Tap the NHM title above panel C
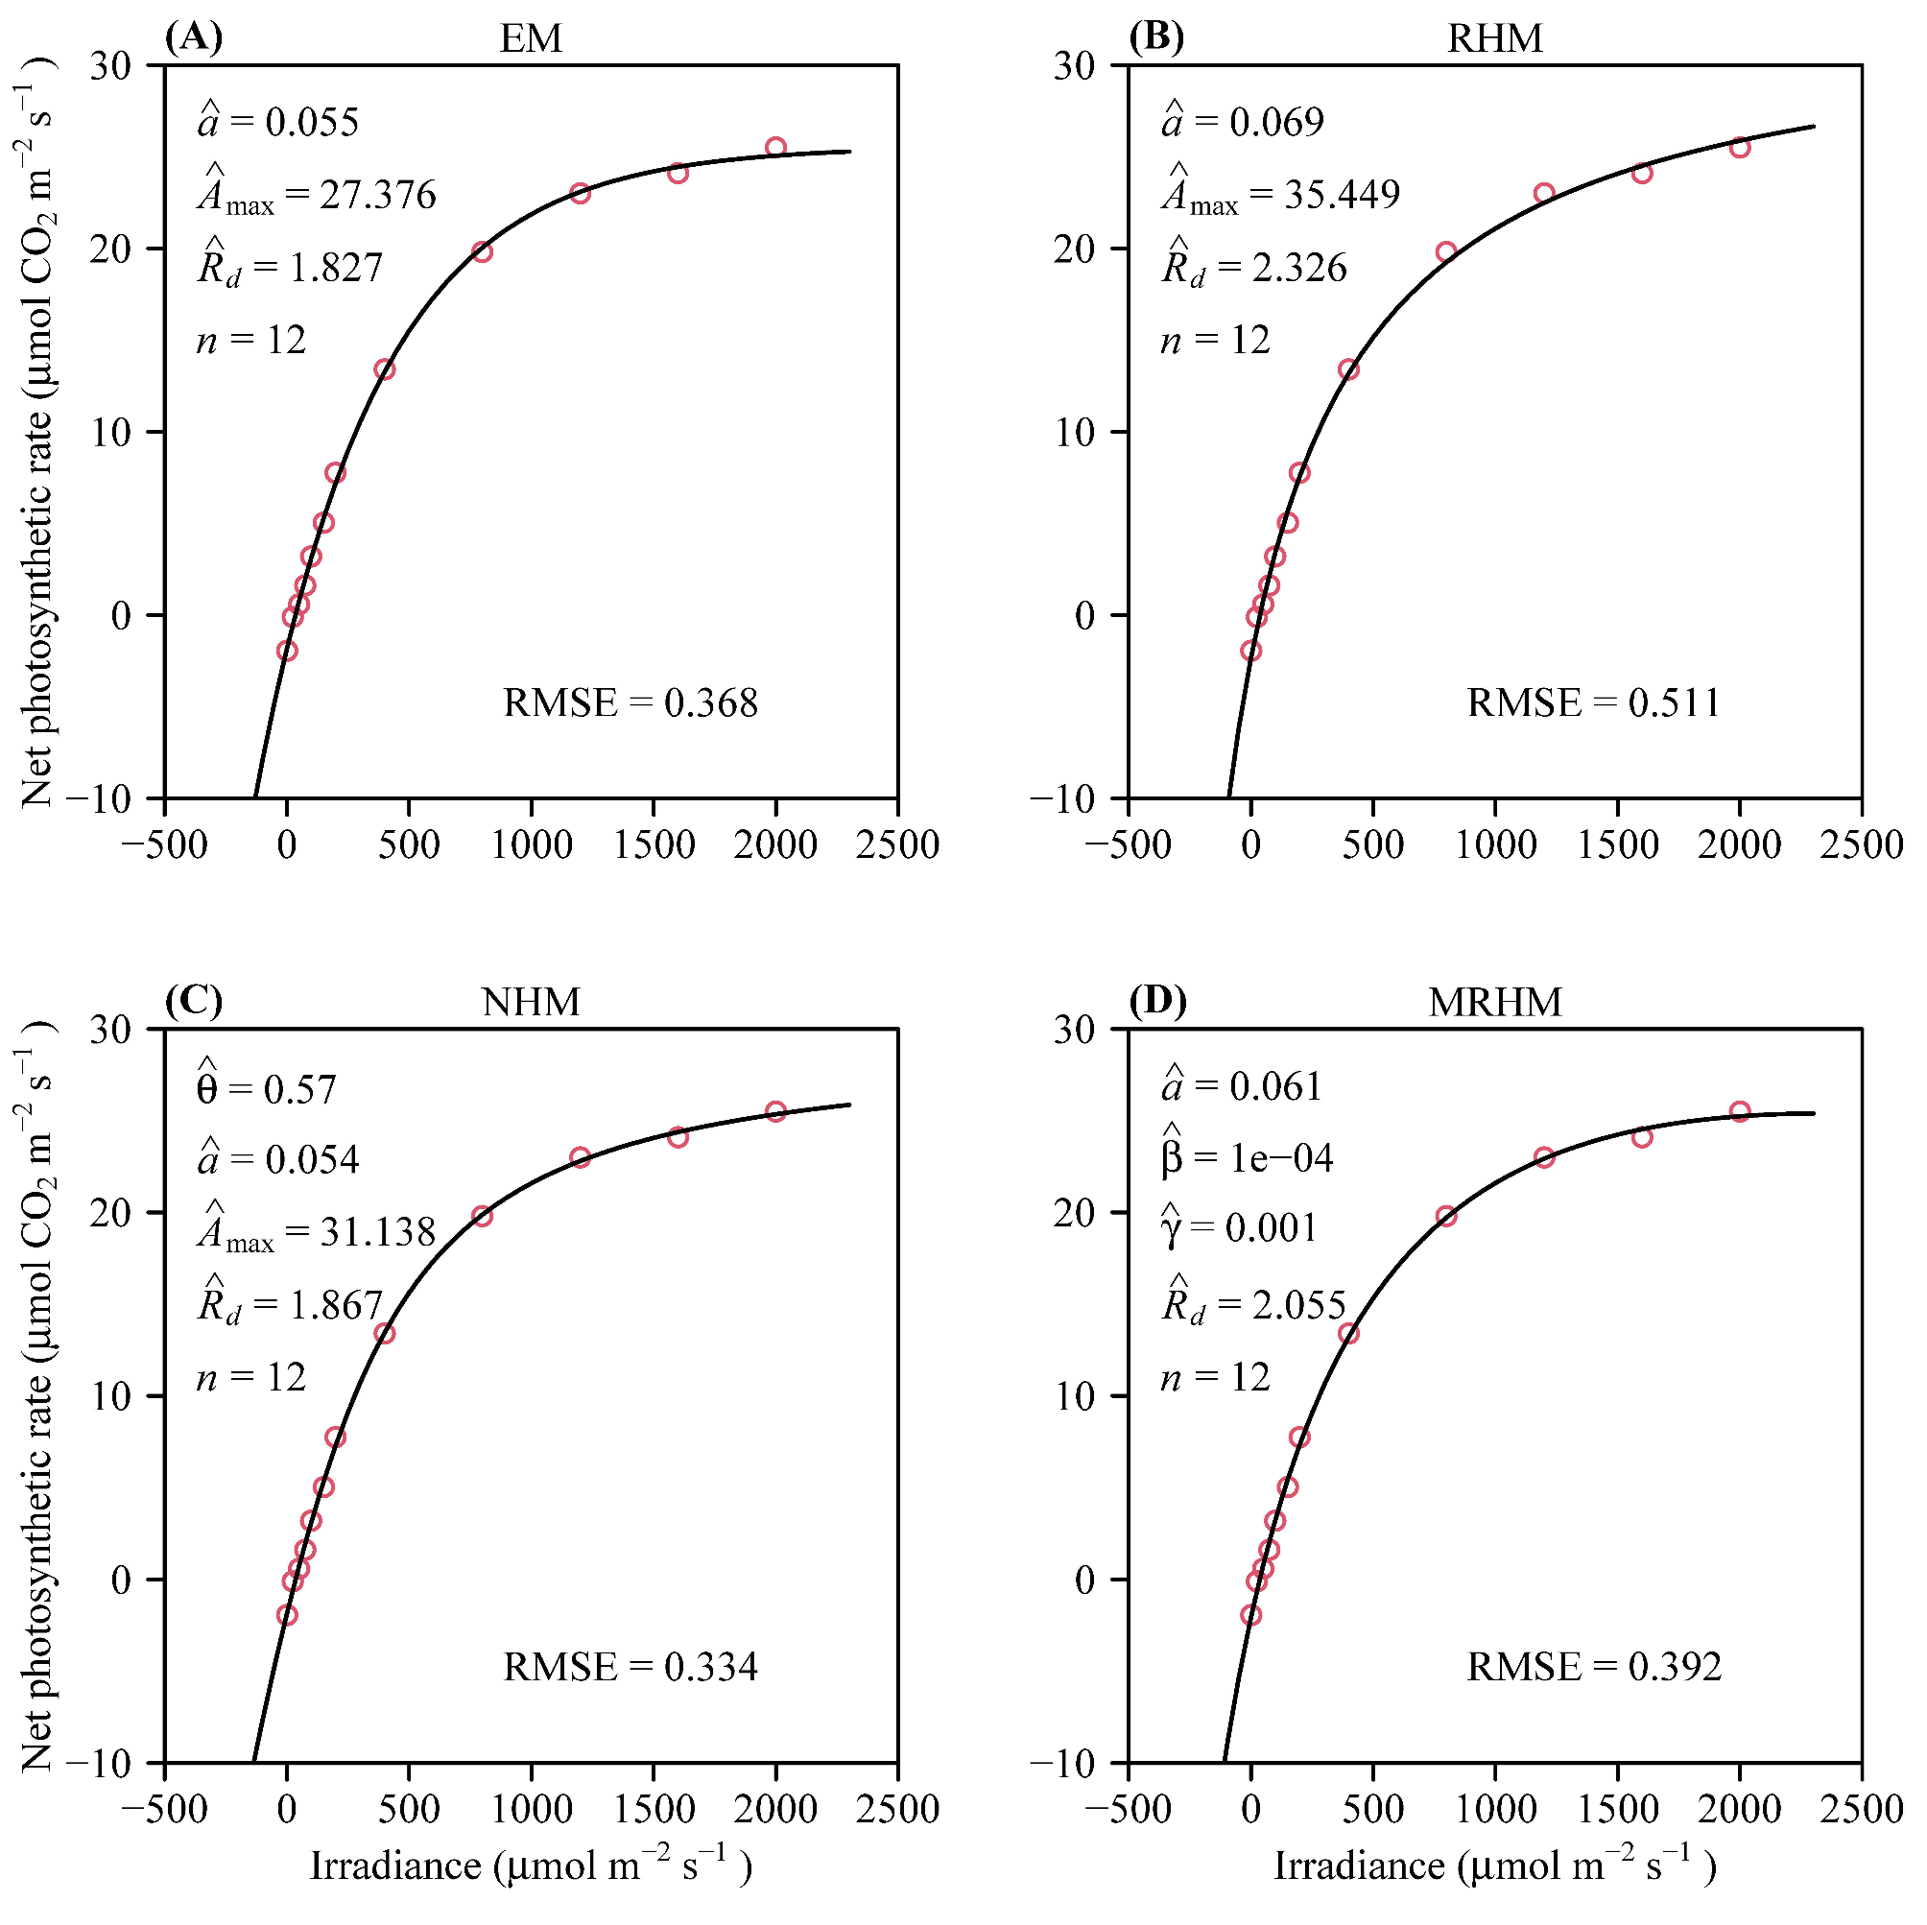531,1003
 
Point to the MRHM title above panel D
1494,1003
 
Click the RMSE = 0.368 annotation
630,703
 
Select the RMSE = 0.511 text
1594,703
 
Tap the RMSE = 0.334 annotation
630,1667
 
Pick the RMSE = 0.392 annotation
1594,1667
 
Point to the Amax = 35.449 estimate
1281,195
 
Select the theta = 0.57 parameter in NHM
267,1088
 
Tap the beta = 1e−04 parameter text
1247,1158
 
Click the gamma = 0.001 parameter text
1240,1227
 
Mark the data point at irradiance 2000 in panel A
775,148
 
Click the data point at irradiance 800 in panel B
1446,251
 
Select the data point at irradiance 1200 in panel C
580,1158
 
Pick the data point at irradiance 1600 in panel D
1642,1137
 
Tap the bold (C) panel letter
194,1000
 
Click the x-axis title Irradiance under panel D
1494,1866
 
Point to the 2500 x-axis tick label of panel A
896,845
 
